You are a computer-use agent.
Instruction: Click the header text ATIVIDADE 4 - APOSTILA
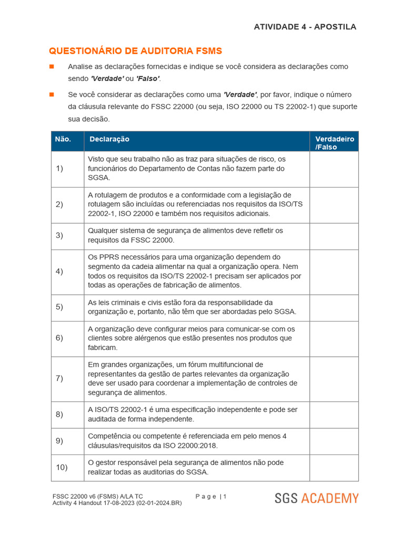pos(305,27)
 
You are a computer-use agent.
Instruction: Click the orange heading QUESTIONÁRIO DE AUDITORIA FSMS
pos(135,51)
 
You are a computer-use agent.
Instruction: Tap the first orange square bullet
pos(52,67)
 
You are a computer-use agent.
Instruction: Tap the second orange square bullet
pos(52,95)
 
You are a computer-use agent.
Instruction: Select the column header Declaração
pos(109,139)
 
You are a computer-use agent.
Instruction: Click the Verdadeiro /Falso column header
pos(334,143)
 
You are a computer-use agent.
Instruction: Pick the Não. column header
pos(63,139)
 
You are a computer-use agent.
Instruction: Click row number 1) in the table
pos(59,169)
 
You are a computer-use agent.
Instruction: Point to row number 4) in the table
pos(59,272)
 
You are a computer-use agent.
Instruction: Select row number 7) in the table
pos(59,379)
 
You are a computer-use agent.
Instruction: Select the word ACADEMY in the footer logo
pos(330,498)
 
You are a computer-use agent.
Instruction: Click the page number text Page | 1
pos(211,496)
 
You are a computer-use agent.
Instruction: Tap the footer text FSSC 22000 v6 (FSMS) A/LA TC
pos(97,496)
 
